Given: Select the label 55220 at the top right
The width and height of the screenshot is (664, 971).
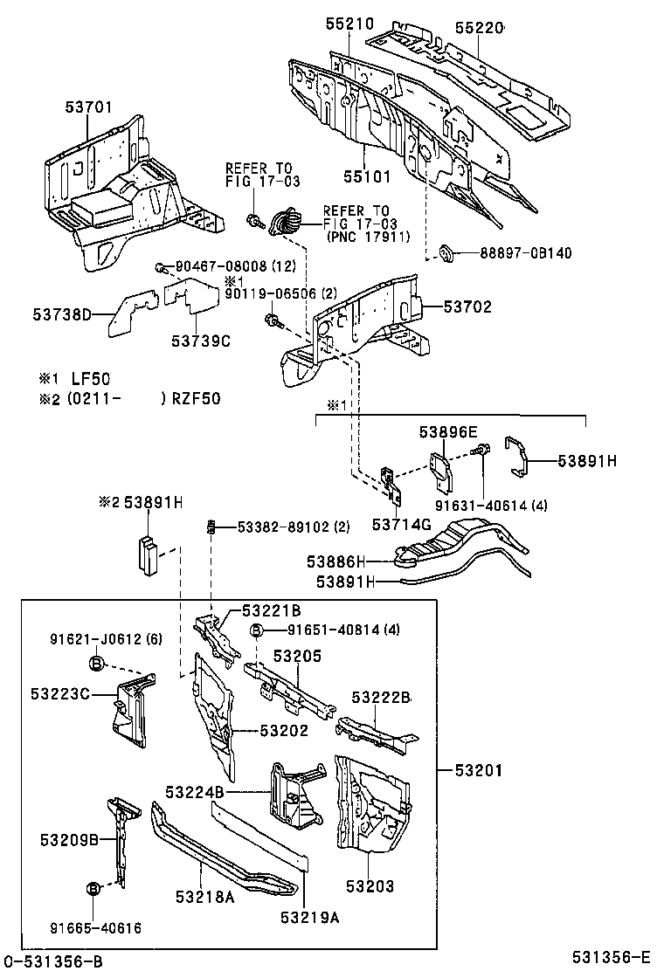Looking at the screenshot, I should (480, 28).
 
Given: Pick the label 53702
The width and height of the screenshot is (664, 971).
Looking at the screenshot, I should (467, 306).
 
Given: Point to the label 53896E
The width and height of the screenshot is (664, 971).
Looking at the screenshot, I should (448, 431).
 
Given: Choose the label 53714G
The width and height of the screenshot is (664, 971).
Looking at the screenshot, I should (402, 524).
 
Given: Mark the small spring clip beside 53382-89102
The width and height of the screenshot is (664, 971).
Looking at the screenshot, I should (211, 527).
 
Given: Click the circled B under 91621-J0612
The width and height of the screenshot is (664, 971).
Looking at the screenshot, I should (96, 665).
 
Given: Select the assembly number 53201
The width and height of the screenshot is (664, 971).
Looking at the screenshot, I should (478, 770).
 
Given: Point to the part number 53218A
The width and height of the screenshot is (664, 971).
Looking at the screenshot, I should (204, 896).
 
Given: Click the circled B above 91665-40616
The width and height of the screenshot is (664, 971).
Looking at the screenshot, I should (93, 889).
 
